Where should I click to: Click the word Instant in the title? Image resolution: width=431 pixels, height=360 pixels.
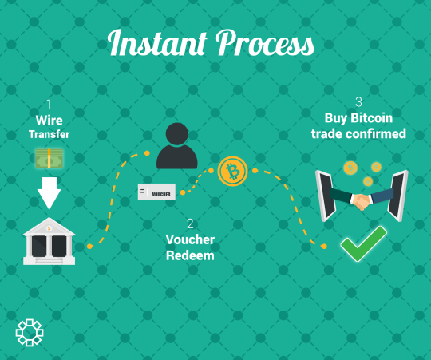pos(157,42)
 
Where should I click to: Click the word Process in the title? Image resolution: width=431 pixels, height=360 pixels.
pos(265,42)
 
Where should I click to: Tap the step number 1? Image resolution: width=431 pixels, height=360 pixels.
pos(49,104)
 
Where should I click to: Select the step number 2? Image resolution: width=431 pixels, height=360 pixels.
pos(190,224)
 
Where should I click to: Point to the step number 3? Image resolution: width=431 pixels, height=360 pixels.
pos(358,102)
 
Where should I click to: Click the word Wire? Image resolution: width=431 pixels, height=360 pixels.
pos(49,120)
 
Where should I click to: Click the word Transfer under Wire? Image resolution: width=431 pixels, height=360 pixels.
pos(49,134)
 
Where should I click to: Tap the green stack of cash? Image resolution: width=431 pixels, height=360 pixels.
pos(49,158)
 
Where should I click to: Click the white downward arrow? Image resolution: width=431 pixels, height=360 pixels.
pos(49,193)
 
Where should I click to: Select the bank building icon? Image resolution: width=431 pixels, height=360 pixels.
pos(49,241)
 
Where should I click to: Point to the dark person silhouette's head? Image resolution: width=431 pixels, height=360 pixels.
pos(177,134)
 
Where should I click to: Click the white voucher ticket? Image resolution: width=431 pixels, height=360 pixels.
pos(156,192)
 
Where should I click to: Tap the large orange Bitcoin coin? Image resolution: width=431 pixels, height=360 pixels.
pos(232,171)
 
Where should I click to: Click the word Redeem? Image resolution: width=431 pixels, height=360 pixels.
pos(190,255)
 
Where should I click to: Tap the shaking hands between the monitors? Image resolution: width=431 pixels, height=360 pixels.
pos(362,202)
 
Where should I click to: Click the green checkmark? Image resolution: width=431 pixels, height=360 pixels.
pos(364,243)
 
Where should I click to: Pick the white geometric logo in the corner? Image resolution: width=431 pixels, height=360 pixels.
pos(30,333)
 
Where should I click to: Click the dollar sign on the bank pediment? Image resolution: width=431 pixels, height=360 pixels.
pos(49,228)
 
